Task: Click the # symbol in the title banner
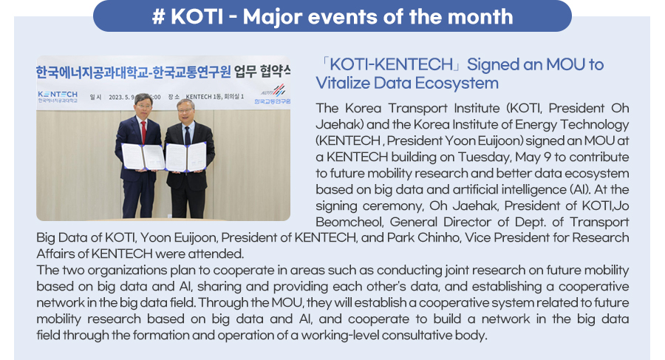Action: pos(158,17)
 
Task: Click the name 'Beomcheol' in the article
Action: pos(350,222)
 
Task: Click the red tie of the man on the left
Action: pos(144,132)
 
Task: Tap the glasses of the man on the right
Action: pos(185,110)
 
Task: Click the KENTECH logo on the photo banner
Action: pos(58,96)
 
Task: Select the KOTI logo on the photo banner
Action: pos(273,94)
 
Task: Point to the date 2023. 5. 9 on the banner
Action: pos(121,98)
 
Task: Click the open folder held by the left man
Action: pos(143,157)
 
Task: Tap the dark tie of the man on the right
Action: pos(187,135)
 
